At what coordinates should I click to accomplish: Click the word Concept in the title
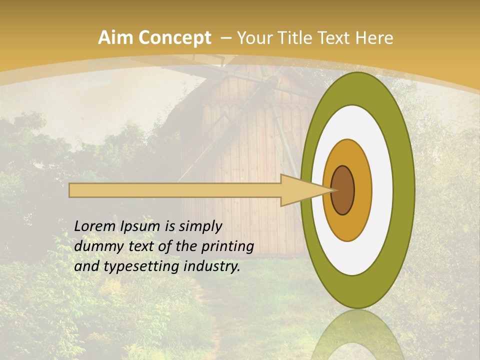click(x=174, y=38)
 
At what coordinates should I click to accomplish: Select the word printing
click(x=227, y=247)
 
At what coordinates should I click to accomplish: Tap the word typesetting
click(x=132, y=267)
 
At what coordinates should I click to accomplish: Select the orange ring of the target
click(x=362, y=190)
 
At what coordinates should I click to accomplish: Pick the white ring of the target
click(x=382, y=190)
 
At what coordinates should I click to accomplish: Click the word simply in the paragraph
click(x=200, y=227)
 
